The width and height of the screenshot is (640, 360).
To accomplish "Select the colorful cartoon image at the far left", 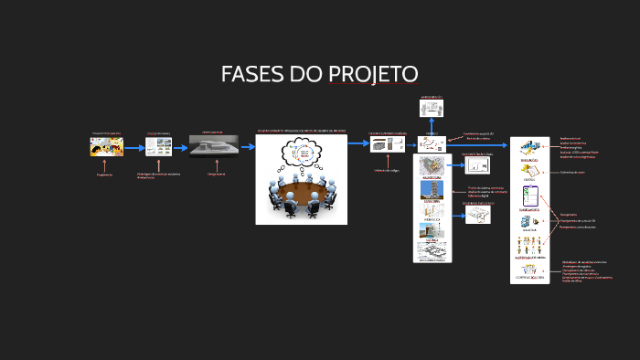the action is coord(107,146).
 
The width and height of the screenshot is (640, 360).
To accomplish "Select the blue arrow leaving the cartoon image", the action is coord(133,146).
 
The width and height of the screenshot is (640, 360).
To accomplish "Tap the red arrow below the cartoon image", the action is coord(106,164).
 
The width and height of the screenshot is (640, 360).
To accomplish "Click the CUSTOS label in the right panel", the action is coord(529,180).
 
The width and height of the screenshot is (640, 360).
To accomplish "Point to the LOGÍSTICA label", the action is coord(529,231).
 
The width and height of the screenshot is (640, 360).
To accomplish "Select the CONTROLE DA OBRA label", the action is coord(529,278).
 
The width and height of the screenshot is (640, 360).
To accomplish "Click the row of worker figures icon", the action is coord(529,245).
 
